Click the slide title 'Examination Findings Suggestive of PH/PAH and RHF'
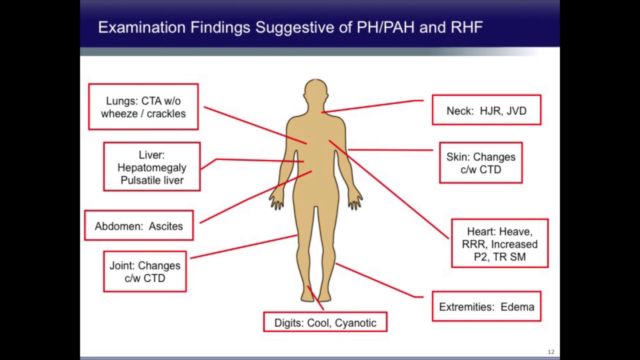point(290,27)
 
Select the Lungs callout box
point(143,107)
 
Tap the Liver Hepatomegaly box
point(152,167)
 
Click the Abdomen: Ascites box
point(139,226)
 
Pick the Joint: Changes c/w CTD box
point(145,272)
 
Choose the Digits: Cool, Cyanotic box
point(325,322)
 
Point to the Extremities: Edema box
point(486,306)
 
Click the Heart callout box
point(499,244)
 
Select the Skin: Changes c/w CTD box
point(481,163)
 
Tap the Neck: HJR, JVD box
point(486,110)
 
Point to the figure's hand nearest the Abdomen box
point(276,201)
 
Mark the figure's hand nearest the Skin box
point(355,201)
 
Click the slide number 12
point(551,352)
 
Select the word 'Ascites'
point(166,226)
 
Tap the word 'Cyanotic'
point(355,322)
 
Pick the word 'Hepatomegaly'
point(152,167)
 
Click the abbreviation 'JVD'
point(516,110)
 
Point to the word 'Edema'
point(517,306)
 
